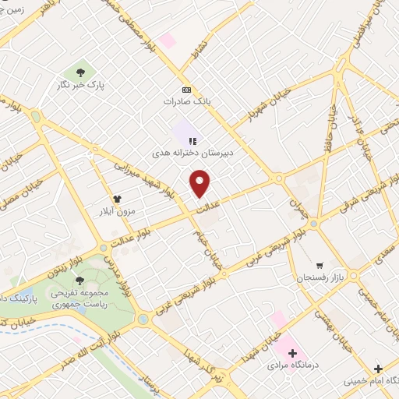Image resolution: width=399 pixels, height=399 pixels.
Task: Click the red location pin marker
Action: pyautogui.click(x=200, y=183)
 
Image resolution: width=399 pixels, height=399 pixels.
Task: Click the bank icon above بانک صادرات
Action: pyautogui.click(x=185, y=89)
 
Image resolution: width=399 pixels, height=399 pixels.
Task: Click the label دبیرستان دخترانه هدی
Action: pyautogui.click(x=195, y=154)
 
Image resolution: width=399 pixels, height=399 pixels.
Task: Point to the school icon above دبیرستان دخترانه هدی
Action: pyautogui.click(x=192, y=140)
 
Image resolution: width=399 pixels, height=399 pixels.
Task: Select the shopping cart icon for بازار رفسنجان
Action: pyautogui.click(x=320, y=265)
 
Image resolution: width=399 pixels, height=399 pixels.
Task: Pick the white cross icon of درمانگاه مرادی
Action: pyautogui.click(x=292, y=352)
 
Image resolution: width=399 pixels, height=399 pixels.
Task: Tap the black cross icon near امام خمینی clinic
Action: pyautogui.click(x=378, y=368)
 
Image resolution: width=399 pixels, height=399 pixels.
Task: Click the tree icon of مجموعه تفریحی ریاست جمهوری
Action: pyautogui.click(x=79, y=280)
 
